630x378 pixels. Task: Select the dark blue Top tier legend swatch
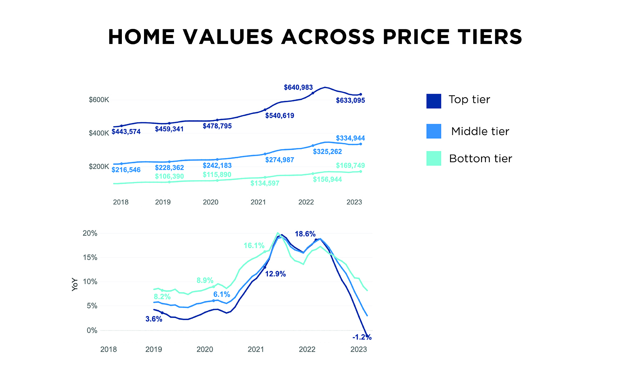(433, 101)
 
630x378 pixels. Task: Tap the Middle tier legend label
(480, 131)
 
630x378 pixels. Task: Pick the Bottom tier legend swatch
(433, 158)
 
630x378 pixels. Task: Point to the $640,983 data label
(298, 87)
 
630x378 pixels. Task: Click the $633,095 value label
(350, 100)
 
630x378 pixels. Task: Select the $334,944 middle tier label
(350, 138)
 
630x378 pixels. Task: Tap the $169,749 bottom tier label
(350, 165)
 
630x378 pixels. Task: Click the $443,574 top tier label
(126, 131)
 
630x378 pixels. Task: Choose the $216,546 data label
(126, 170)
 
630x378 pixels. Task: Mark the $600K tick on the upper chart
(99, 100)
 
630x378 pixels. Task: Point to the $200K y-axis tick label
(99, 166)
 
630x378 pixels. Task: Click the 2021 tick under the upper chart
(258, 202)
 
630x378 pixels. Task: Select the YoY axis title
(75, 284)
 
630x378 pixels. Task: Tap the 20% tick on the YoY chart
(90, 233)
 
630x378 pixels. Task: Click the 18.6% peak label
(305, 234)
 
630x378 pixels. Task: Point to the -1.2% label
(362, 337)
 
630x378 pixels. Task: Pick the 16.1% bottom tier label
(254, 245)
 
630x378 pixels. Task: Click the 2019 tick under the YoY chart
(154, 349)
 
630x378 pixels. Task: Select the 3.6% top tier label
(154, 319)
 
